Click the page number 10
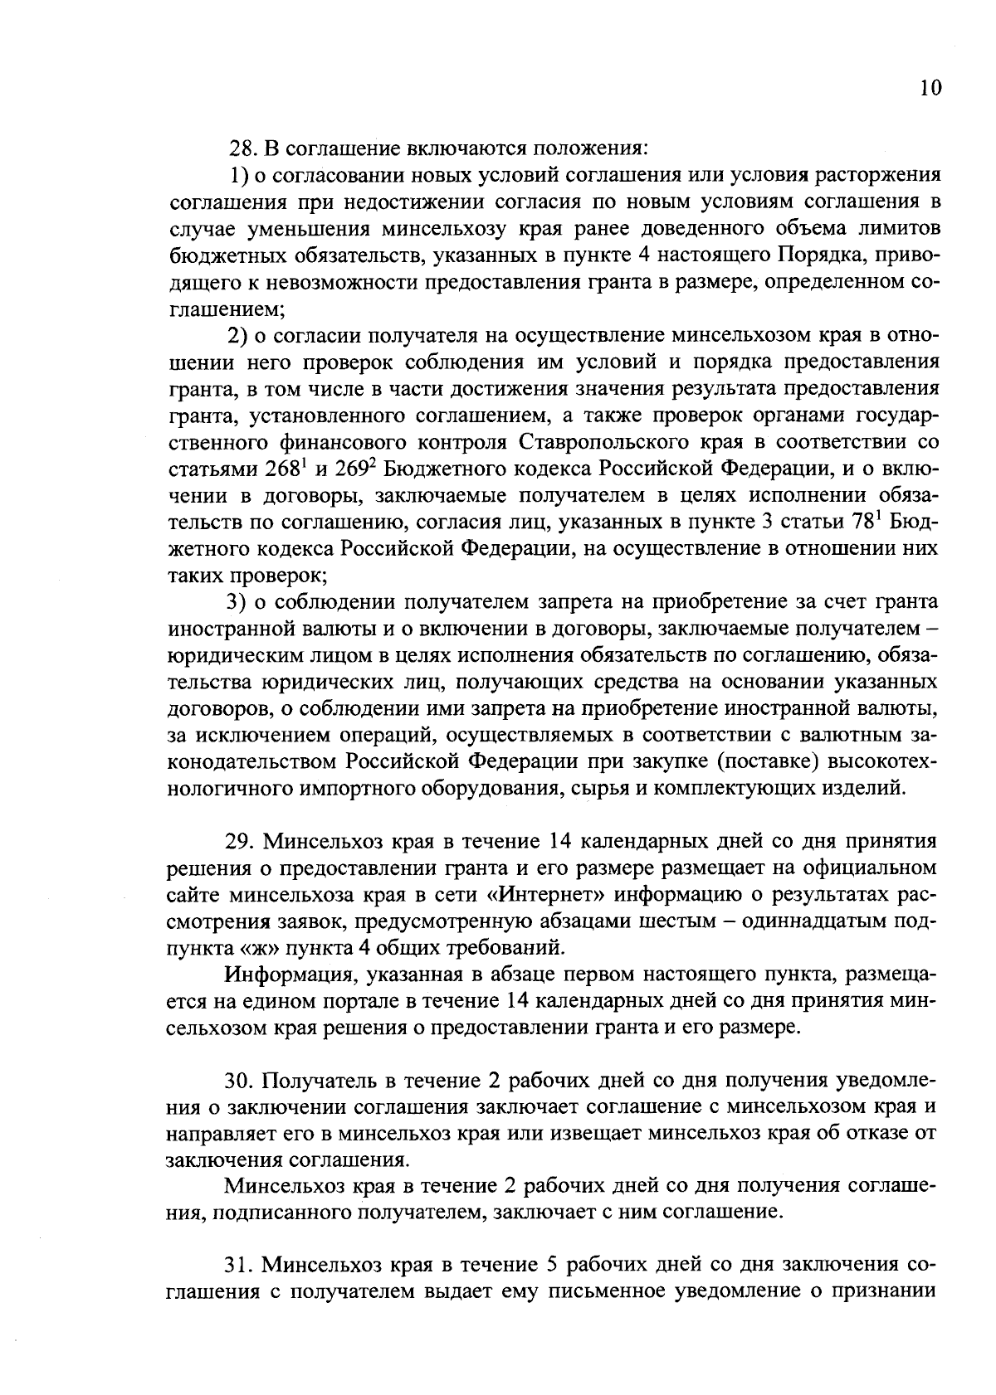coord(930,89)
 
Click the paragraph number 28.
coord(240,149)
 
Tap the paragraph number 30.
coord(240,1081)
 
